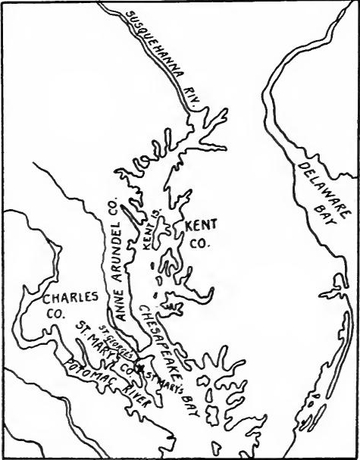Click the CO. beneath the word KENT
pos(197,244)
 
